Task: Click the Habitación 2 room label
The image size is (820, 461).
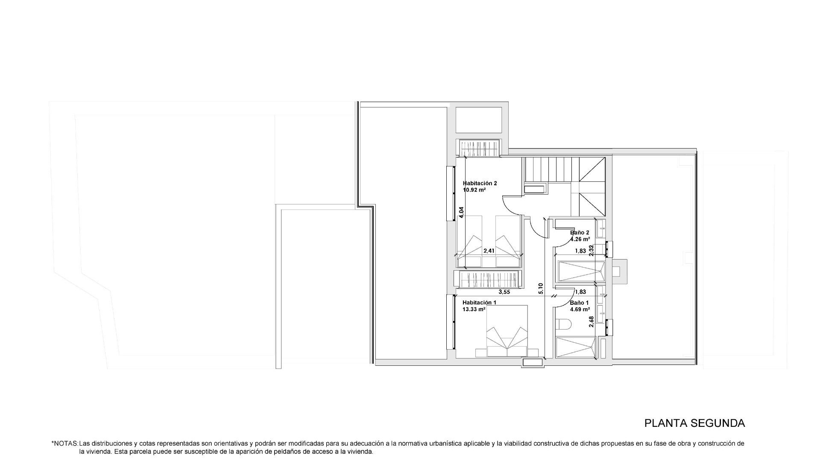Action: (x=480, y=183)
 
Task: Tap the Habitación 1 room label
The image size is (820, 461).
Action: (x=479, y=302)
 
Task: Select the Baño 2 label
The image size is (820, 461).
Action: (x=580, y=233)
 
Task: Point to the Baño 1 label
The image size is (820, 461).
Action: (x=579, y=303)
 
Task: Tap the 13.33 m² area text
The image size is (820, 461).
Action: (x=474, y=309)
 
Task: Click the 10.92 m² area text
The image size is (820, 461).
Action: (x=474, y=190)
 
